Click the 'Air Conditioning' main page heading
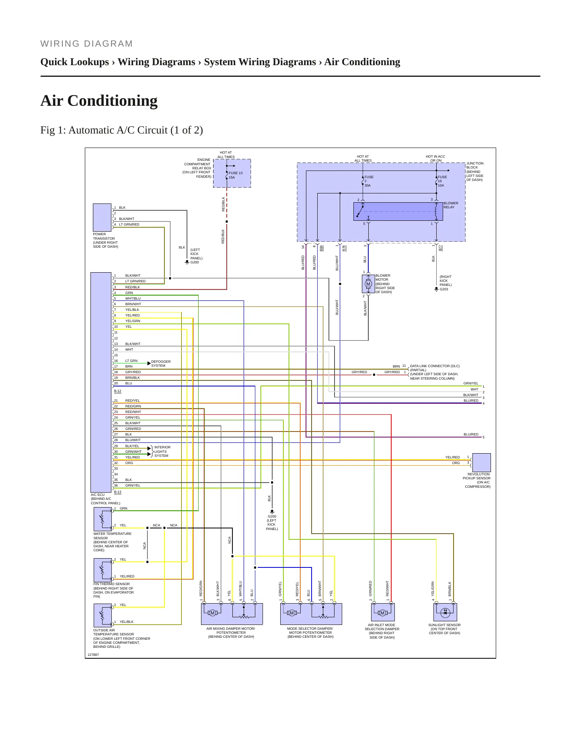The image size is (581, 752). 99,101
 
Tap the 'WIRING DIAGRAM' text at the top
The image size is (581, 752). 86,44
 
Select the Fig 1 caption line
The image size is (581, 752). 121,130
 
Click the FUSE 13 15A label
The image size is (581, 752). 235,175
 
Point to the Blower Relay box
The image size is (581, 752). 398,212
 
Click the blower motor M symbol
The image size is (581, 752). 368,284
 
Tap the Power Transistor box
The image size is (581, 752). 102,217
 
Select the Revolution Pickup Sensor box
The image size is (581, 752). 481,462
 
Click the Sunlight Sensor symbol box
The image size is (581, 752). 445,612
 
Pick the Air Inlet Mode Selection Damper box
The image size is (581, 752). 383,612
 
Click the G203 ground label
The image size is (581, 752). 444,289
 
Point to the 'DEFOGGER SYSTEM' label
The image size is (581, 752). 161,364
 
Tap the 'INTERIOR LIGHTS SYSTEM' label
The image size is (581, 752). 162,451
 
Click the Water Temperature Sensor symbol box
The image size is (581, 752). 103,519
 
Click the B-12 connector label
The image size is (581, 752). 117,391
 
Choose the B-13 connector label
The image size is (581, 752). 117,492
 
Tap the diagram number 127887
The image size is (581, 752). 93,655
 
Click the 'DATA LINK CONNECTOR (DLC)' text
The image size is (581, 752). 435,366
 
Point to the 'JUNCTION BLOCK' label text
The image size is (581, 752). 475,165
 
